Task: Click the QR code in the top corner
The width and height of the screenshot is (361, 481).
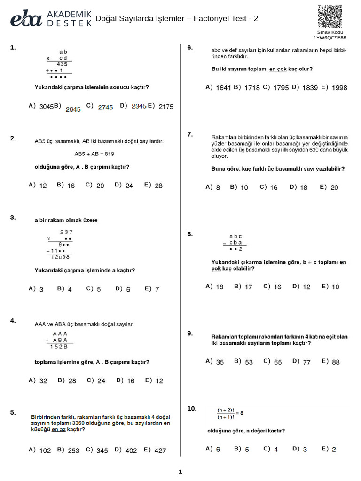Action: click(x=330, y=16)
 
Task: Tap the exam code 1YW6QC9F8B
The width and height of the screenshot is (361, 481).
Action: click(x=330, y=38)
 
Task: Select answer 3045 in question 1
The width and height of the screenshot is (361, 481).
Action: click(x=46, y=107)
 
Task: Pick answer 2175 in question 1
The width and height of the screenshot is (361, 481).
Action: click(x=165, y=107)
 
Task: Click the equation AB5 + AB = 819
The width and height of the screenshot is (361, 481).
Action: click(x=94, y=154)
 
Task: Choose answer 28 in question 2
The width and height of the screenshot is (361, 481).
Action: click(x=158, y=186)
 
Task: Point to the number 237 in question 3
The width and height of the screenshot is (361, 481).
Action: click(x=66, y=232)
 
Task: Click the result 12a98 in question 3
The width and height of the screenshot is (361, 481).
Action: click(x=60, y=257)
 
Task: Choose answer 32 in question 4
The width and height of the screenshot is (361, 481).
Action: click(x=43, y=381)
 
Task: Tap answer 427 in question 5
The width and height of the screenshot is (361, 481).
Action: click(x=160, y=450)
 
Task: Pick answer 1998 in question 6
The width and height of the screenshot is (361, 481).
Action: click(x=339, y=88)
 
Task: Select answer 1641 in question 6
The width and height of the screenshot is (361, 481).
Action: click(x=223, y=88)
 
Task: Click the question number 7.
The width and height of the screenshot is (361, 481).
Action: click(x=190, y=134)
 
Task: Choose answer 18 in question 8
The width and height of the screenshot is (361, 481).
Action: click(x=220, y=287)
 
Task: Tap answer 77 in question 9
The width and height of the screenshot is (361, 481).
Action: click(x=306, y=362)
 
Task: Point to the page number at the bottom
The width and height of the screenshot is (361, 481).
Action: click(x=180, y=472)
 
